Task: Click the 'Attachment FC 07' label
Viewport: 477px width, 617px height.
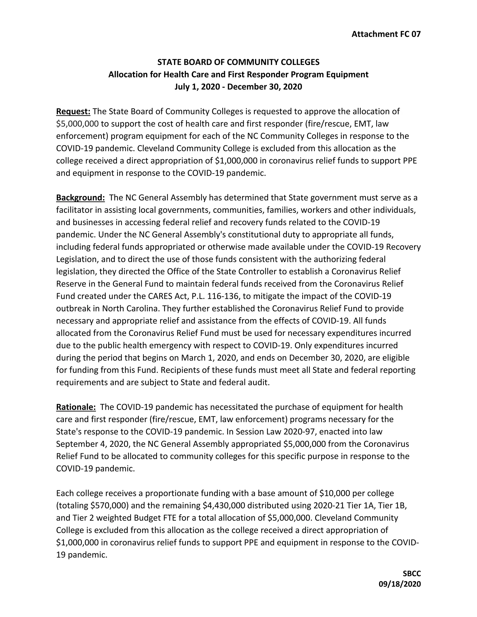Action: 386,34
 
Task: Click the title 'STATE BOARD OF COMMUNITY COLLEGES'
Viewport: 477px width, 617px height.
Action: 238,62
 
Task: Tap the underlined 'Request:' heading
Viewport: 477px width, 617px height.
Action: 73,112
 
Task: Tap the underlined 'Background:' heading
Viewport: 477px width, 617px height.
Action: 81,197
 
